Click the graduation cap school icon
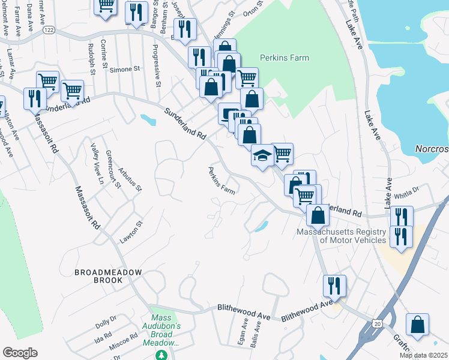click(262, 156)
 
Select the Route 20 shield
click(376, 323)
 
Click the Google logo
click(19, 353)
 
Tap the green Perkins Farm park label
click(284, 58)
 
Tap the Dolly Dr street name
click(105, 322)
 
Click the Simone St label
click(124, 70)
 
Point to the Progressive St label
click(156, 65)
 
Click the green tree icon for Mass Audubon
click(161, 355)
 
